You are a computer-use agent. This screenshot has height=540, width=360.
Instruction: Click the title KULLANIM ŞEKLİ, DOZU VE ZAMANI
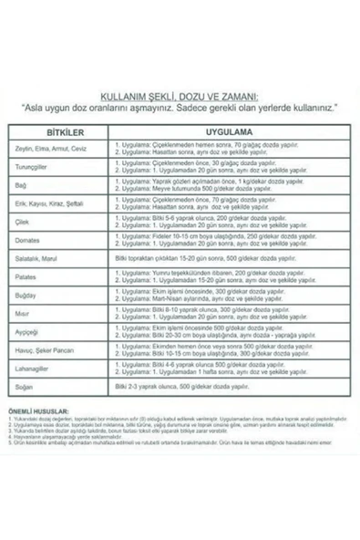180,96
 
